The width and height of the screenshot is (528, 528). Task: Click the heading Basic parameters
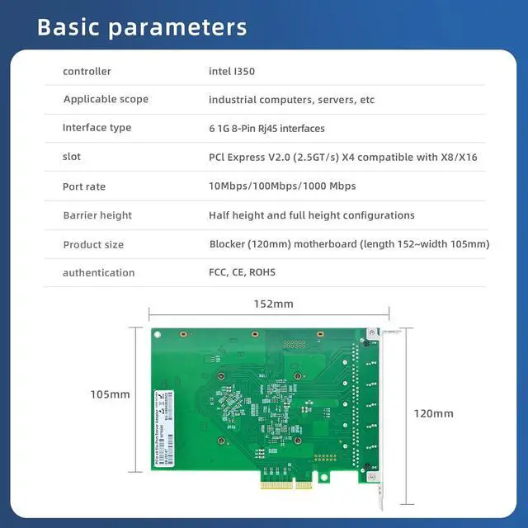[x=142, y=26]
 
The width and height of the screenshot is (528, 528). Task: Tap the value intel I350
[x=232, y=72]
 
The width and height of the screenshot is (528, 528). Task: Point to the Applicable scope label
[x=106, y=100]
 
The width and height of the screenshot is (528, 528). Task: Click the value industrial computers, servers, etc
[x=291, y=100]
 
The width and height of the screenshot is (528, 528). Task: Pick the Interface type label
[x=97, y=128]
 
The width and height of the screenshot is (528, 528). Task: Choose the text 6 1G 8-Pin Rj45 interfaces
[x=266, y=129]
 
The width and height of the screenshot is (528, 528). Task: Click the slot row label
[x=72, y=157]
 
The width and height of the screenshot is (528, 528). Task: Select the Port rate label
[x=84, y=186]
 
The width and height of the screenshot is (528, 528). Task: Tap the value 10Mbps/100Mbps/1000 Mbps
[x=282, y=186]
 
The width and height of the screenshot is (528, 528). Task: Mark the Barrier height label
[x=97, y=215]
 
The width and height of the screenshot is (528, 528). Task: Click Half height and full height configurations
[x=311, y=215]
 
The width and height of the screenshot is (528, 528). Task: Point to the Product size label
[x=93, y=244]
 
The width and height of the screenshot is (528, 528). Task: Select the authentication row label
[x=98, y=273]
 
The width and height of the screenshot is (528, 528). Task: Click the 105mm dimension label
[x=110, y=395]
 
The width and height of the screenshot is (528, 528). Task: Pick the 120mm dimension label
[x=433, y=413]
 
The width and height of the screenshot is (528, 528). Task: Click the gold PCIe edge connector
[x=286, y=484]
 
